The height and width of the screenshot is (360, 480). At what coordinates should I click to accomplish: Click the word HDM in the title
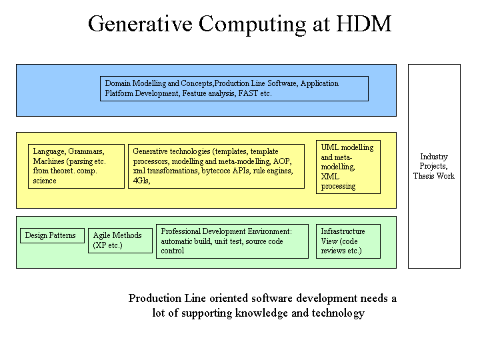(x=364, y=24)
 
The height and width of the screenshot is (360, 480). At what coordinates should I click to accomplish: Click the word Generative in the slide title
(x=140, y=24)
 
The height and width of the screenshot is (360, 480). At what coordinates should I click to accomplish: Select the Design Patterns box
(x=53, y=236)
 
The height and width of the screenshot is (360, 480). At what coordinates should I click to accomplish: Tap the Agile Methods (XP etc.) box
(x=120, y=241)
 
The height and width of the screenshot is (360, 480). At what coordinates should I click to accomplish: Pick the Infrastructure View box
(x=349, y=241)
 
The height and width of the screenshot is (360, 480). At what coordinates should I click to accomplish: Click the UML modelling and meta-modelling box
(x=349, y=167)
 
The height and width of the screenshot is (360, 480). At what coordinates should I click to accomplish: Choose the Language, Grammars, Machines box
(x=76, y=166)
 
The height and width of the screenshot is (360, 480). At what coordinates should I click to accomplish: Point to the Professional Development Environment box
(x=233, y=241)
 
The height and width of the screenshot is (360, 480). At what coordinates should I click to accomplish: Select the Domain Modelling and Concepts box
(x=234, y=89)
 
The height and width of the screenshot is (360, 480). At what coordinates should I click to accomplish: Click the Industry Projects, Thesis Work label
(x=434, y=166)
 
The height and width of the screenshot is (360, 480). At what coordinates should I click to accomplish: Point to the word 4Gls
(x=141, y=181)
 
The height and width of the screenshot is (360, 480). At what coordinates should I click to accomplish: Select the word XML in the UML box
(x=330, y=177)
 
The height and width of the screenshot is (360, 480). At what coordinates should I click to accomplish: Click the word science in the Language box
(x=45, y=181)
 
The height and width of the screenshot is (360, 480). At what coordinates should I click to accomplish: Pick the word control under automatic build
(x=173, y=251)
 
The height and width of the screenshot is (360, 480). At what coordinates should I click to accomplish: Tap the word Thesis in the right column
(x=423, y=176)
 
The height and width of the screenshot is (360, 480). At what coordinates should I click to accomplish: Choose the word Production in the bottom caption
(x=155, y=298)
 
